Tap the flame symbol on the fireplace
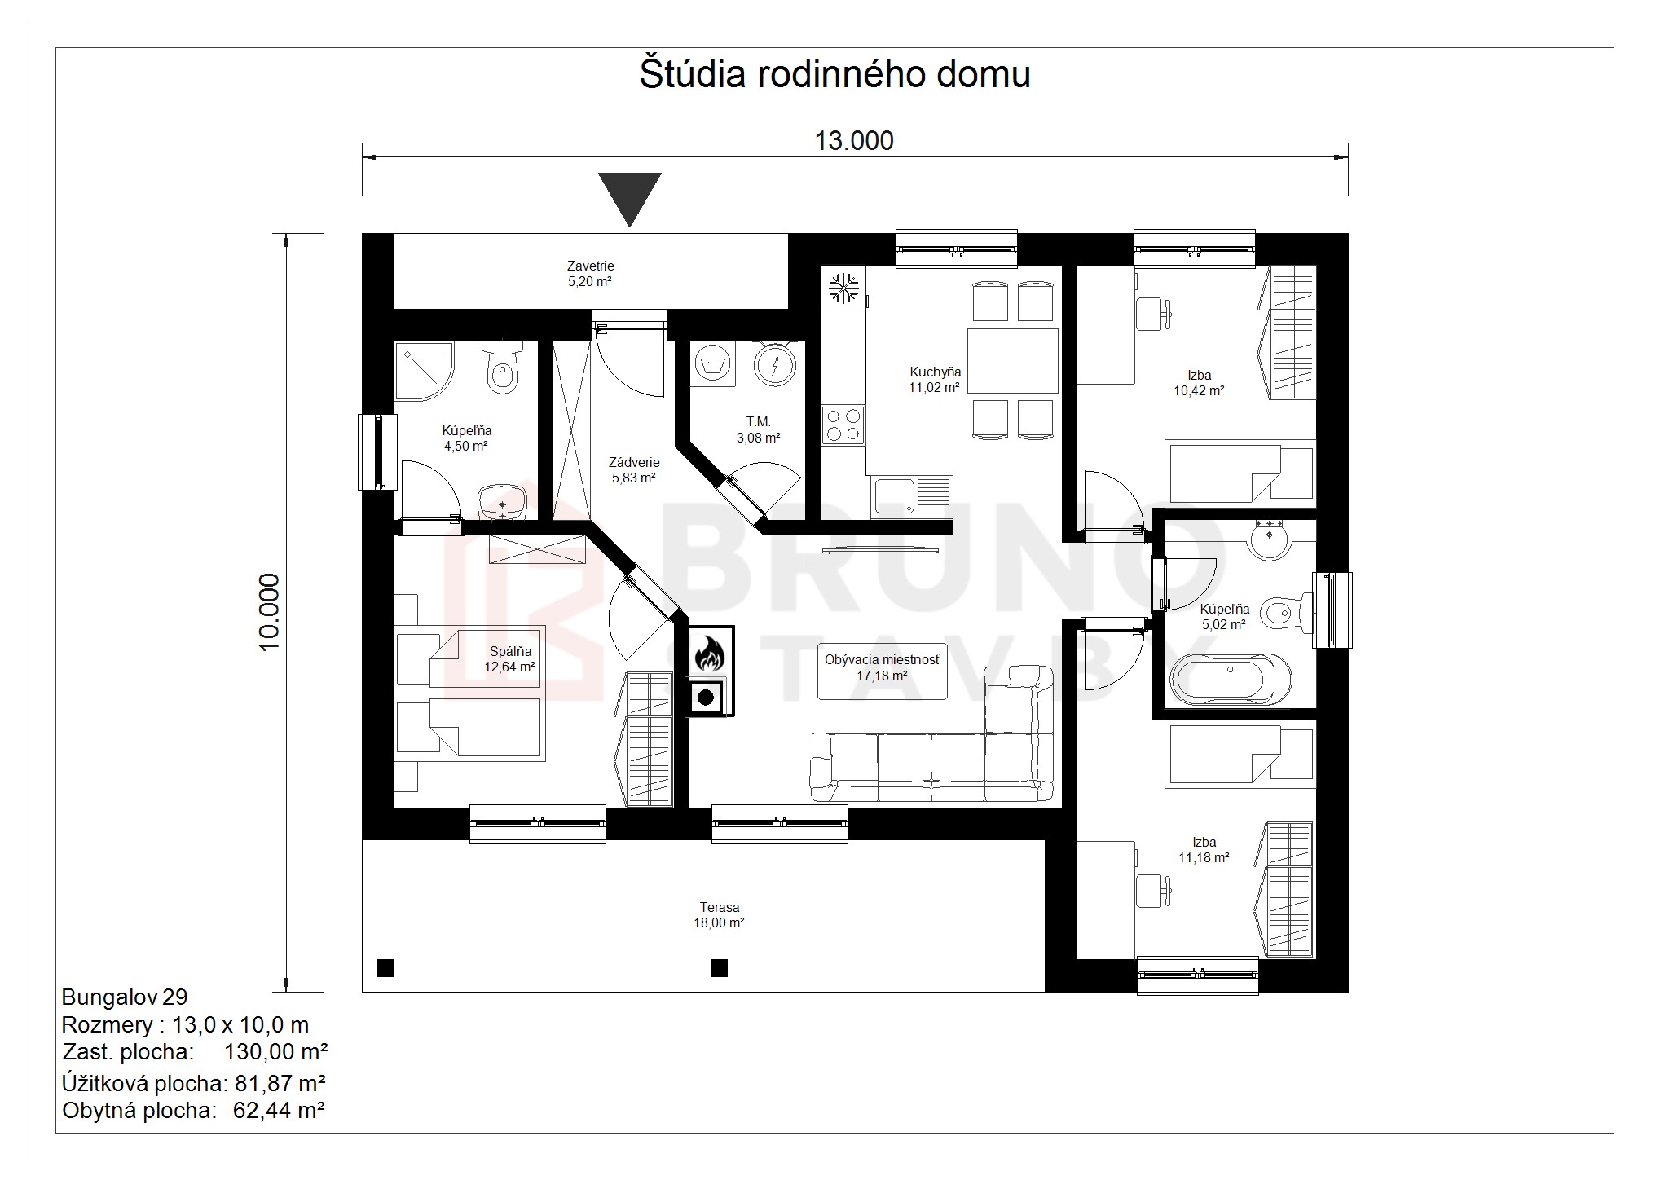click(707, 654)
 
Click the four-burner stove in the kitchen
click(843, 425)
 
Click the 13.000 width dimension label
click(854, 141)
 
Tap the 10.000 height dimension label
click(270, 611)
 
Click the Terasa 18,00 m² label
click(720, 915)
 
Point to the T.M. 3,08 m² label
click(758, 429)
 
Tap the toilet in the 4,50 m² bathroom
click(502, 370)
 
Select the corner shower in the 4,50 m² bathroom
click(424, 371)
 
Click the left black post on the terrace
click(385, 967)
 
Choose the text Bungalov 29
click(125, 997)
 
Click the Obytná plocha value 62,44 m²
click(280, 1110)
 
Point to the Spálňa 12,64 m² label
click(510, 659)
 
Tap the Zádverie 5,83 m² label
click(634, 470)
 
